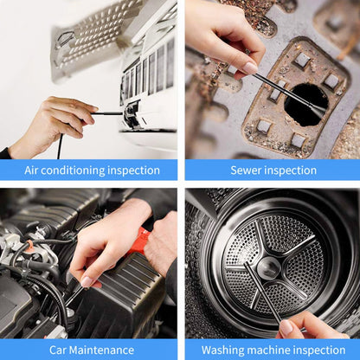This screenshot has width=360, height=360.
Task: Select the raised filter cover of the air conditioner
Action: click(x=95, y=35)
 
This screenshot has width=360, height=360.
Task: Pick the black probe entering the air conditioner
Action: click(x=108, y=112)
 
